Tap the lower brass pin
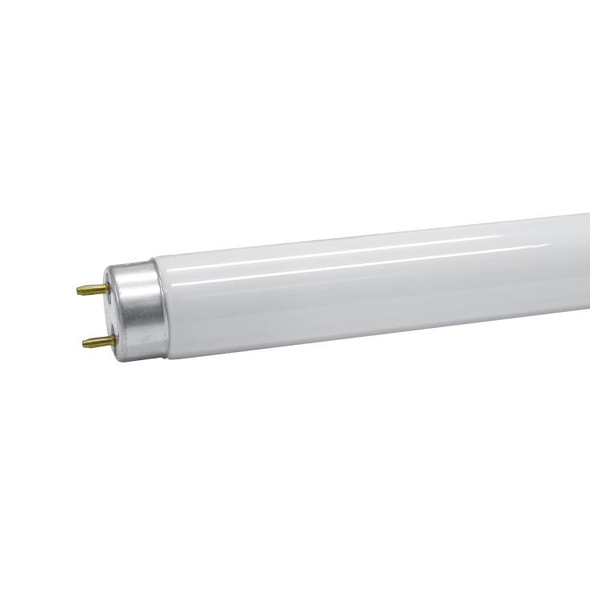(x=99, y=341)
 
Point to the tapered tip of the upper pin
(x=80, y=290)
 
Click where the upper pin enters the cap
(x=108, y=289)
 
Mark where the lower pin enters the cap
(x=113, y=340)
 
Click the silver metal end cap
(x=138, y=309)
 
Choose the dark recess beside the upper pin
(x=110, y=295)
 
